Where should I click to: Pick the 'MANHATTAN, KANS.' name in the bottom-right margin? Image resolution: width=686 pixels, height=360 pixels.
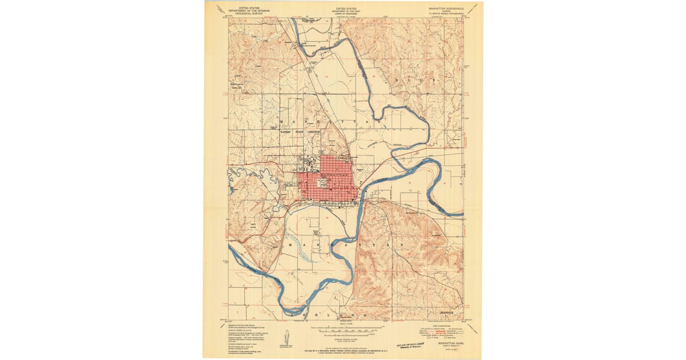pos(451,344)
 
